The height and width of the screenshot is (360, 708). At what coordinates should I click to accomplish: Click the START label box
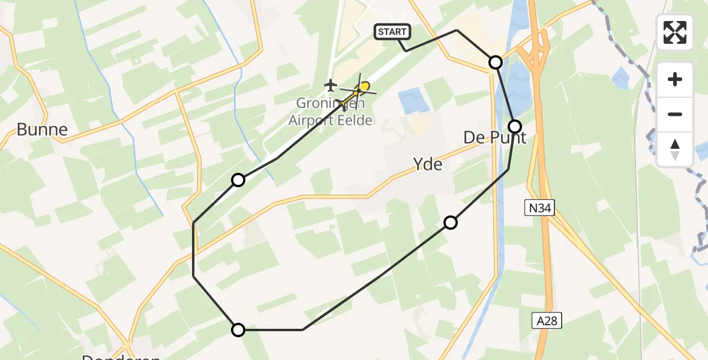click(x=393, y=31)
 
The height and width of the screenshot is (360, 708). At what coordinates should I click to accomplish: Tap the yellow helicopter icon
click(x=360, y=91)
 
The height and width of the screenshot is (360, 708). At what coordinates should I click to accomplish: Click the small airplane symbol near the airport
click(x=330, y=84)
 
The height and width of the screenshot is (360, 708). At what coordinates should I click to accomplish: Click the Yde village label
click(x=428, y=163)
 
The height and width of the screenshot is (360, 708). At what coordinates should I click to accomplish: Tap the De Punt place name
click(x=495, y=138)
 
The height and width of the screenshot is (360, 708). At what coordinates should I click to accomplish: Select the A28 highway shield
click(x=547, y=321)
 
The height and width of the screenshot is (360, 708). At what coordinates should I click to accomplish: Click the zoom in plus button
click(x=675, y=79)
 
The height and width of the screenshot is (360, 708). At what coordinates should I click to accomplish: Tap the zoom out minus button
click(x=675, y=114)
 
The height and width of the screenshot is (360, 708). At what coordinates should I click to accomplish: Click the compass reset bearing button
click(x=675, y=148)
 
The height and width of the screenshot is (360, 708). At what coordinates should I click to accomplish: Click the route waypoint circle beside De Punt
click(x=515, y=126)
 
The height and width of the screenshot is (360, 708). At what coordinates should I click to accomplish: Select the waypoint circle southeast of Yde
click(x=450, y=223)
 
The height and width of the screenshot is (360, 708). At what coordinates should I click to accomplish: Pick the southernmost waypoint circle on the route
click(x=238, y=329)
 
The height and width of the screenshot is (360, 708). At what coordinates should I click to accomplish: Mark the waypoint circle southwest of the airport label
click(x=238, y=180)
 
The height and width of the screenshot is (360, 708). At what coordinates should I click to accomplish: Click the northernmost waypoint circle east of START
click(x=496, y=62)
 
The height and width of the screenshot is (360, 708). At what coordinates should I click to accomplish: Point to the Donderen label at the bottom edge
click(x=121, y=356)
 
